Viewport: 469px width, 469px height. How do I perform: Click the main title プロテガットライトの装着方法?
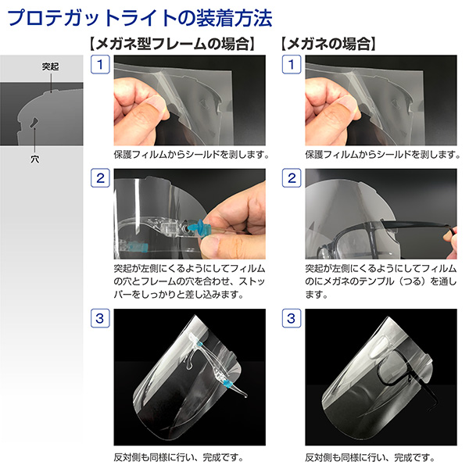click(x=139, y=18)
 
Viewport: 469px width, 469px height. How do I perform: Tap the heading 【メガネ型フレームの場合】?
click(x=172, y=44)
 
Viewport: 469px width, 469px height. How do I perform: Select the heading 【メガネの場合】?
click(x=328, y=44)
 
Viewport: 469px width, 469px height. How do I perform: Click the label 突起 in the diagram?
click(x=50, y=66)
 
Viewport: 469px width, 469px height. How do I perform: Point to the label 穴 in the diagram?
click(x=34, y=159)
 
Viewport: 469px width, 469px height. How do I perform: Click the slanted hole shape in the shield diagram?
click(x=34, y=123)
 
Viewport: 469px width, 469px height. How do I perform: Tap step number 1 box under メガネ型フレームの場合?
click(x=100, y=64)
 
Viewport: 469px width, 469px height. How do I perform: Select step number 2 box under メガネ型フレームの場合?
click(x=100, y=178)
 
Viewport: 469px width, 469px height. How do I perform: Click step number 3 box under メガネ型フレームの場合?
click(x=100, y=318)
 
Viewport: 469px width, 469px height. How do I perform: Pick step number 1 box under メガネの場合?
click(x=292, y=64)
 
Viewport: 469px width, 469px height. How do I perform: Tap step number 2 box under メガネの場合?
click(x=292, y=178)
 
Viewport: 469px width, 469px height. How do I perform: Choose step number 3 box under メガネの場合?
click(x=292, y=318)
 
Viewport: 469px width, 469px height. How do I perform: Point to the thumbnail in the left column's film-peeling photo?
click(x=155, y=105)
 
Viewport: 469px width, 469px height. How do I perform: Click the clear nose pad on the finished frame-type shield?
click(x=189, y=363)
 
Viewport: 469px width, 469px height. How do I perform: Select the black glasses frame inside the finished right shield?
click(x=395, y=370)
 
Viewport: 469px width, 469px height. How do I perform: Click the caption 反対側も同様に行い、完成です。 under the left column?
click(x=178, y=457)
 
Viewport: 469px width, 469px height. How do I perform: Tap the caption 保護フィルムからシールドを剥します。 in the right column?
click(x=382, y=154)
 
